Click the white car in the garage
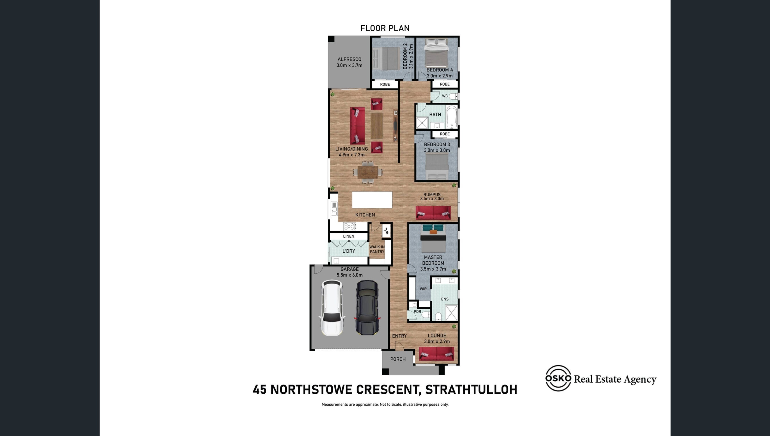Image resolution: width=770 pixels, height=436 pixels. [x=332, y=308]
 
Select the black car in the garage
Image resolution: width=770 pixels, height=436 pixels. [x=367, y=307]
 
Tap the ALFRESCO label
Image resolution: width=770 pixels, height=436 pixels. [x=349, y=59]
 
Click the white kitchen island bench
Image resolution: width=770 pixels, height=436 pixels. [x=372, y=200]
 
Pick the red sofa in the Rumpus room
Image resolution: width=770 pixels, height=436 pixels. [x=433, y=213]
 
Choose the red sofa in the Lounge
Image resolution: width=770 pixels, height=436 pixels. [x=436, y=353]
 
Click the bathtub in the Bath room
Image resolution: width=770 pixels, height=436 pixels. [x=451, y=117]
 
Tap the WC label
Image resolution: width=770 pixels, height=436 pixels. [x=445, y=96]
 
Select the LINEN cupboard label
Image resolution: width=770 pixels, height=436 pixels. [x=349, y=236]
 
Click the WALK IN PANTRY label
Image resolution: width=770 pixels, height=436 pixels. [x=377, y=249]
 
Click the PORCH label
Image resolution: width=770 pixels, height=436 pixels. [x=398, y=359]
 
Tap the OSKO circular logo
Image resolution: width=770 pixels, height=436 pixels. [x=558, y=378]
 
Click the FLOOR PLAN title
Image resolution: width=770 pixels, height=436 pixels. [x=385, y=28]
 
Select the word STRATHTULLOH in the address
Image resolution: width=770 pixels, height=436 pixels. [x=471, y=390]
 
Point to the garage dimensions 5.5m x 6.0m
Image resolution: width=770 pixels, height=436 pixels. [x=350, y=275]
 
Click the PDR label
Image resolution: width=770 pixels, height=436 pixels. [x=417, y=312]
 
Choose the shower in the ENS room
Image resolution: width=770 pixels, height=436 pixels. [x=451, y=313]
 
